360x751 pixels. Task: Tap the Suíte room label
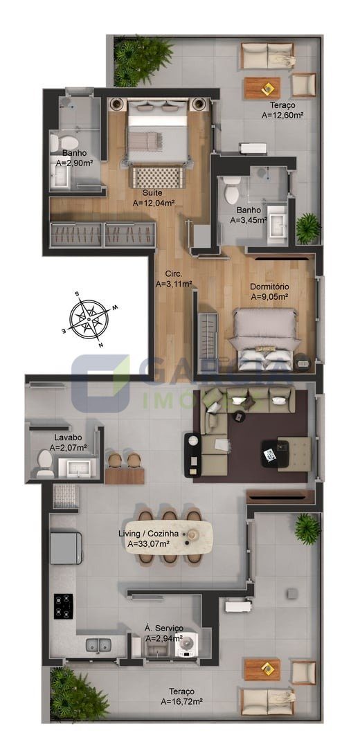coord(152,193)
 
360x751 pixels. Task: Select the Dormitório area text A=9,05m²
coord(269,297)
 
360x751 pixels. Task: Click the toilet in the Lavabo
coord(45,464)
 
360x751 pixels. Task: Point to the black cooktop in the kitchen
coord(63,606)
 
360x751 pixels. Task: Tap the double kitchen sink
coord(98,645)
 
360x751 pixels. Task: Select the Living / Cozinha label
coord(149,534)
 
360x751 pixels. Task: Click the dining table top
coord(170,537)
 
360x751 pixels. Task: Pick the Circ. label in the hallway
coord(174,274)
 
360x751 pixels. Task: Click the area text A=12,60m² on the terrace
coord(283,115)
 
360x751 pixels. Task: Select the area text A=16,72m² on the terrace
coord(181,702)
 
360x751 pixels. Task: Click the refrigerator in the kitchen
coord(66,547)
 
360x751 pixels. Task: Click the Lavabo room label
coord(68,437)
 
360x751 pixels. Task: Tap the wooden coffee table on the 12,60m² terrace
coord(262,88)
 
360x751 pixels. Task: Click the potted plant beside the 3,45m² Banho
coord(308,228)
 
